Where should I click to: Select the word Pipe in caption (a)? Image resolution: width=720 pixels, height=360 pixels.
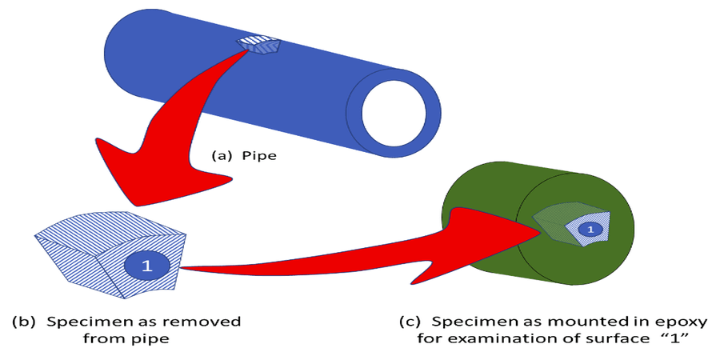pyautogui.click(x=261, y=156)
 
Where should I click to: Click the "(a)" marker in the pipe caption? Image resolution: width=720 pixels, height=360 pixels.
pyautogui.click(x=221, y=156)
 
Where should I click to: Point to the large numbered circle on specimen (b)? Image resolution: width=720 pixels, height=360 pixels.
pyautogui.click(x=146, y=266)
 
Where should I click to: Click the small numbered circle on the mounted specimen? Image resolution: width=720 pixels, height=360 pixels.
pyautogui.click(x=590, y=230)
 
